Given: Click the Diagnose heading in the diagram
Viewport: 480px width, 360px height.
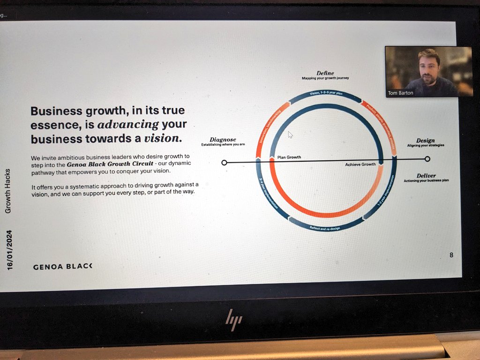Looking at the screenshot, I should tap(223, 140).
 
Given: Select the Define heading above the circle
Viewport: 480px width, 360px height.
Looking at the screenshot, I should tap(325, 73).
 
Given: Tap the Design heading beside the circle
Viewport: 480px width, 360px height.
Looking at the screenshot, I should tap(425, 141).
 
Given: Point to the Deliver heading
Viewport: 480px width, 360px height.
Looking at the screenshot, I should tap(426, 176).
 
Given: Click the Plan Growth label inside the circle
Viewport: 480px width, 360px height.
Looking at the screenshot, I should tap(289, 157).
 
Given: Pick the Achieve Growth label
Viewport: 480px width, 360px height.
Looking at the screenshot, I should tap(360, 165).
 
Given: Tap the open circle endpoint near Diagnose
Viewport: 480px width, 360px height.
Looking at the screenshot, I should tap(224, 163).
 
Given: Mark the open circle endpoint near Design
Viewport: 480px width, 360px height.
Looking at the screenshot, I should tap(427, 159).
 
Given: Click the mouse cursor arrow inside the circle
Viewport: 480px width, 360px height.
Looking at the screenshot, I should tap(290, 135).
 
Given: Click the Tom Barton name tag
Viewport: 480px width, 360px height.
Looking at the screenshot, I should tap(400, 93).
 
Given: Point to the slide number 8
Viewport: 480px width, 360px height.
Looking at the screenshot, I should tap(451, 255).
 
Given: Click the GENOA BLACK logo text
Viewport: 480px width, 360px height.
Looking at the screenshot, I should tap(63, 267).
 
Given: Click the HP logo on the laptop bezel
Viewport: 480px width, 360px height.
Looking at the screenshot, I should tap(233, 320).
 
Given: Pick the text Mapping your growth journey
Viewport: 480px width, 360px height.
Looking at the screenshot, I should tap(325, 78).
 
